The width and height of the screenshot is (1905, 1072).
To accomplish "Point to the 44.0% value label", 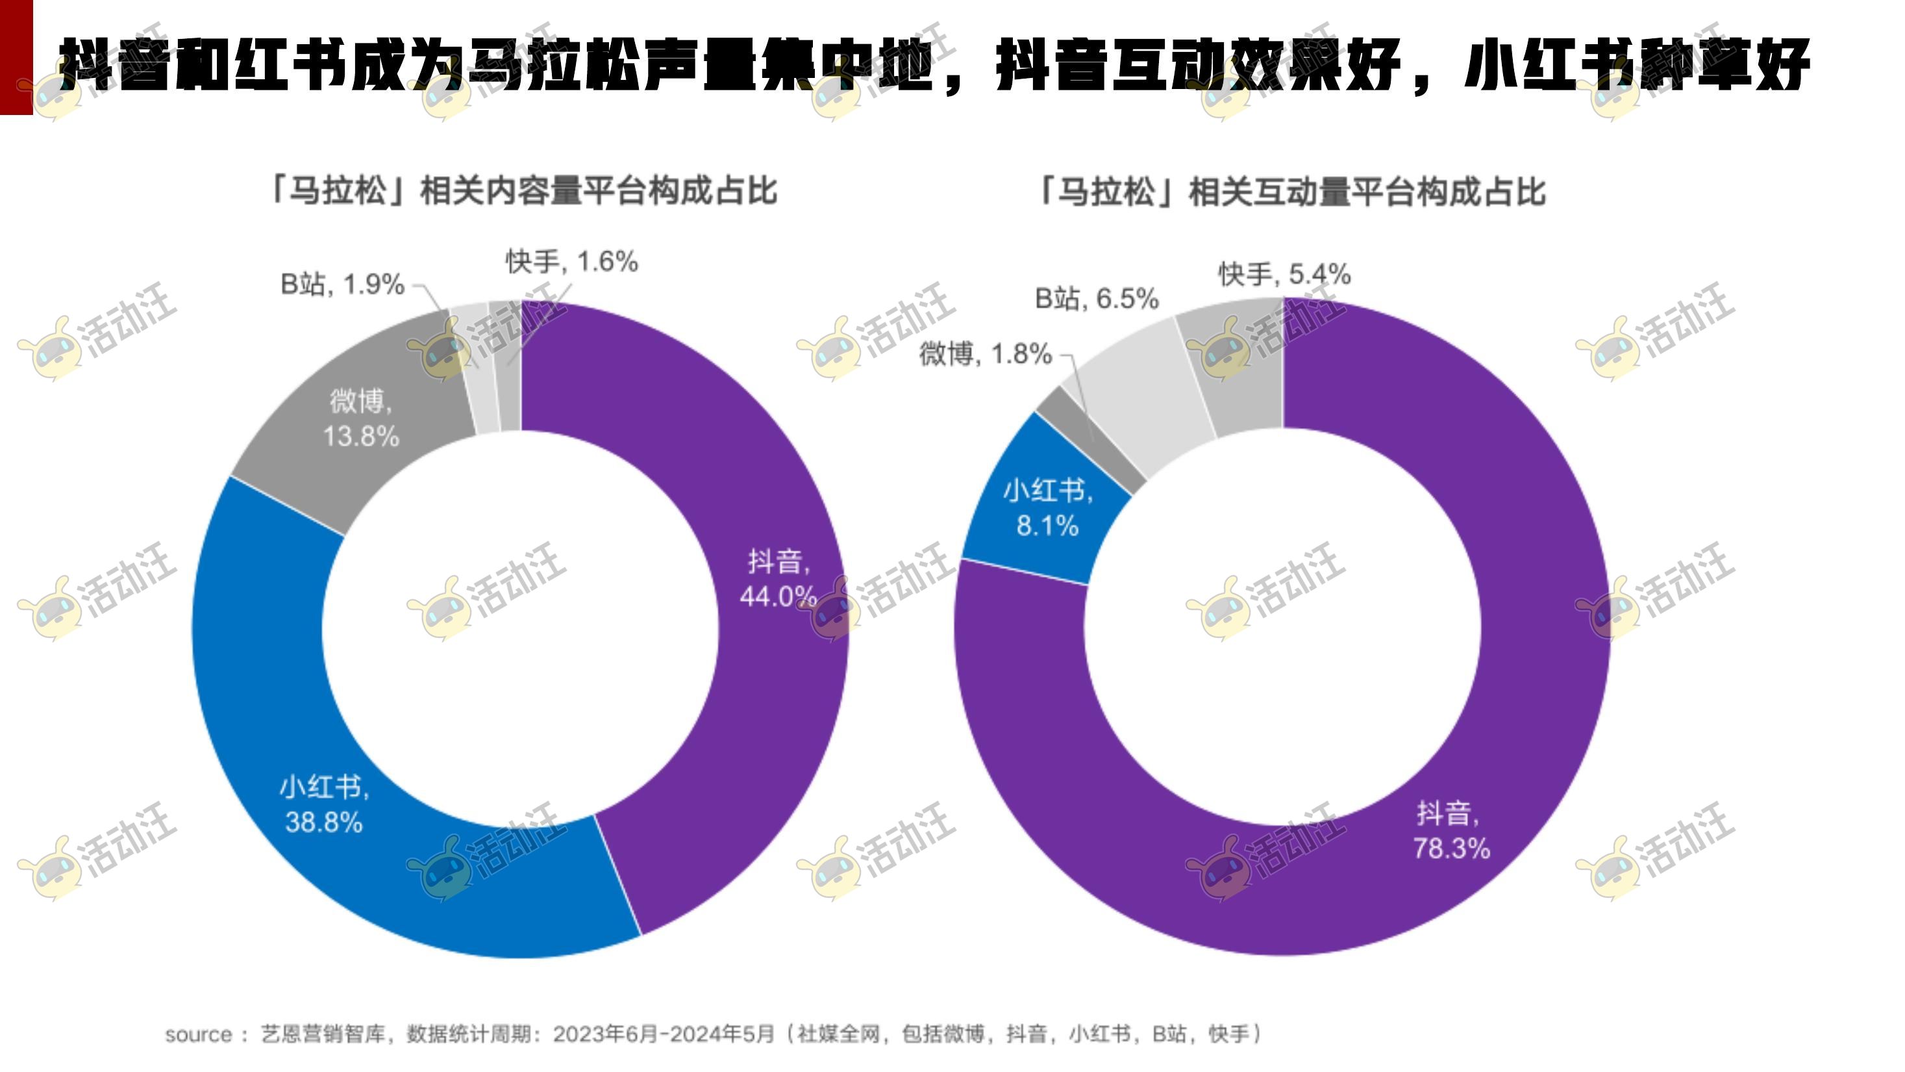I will [778, 596].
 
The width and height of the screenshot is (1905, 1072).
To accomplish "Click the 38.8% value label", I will [324, 822].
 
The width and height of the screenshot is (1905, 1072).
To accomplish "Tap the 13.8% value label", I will [361, 436].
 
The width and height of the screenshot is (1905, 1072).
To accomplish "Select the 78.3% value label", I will [1451, 848].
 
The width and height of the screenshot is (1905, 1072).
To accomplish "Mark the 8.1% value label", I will [1047, 526].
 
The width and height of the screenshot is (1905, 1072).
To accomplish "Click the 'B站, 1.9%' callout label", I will [342, 284].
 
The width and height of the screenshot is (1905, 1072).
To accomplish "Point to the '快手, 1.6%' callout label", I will [571, 262].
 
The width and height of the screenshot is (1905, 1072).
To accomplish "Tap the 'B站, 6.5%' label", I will [1096, 299].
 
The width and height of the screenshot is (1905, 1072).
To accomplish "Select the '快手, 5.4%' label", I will [1284, 274].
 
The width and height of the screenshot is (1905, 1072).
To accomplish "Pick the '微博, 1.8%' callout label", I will [985, 354].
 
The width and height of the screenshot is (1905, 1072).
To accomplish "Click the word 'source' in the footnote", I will [198, 1034].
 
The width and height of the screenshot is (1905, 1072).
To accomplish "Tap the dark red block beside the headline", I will [16, 57].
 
